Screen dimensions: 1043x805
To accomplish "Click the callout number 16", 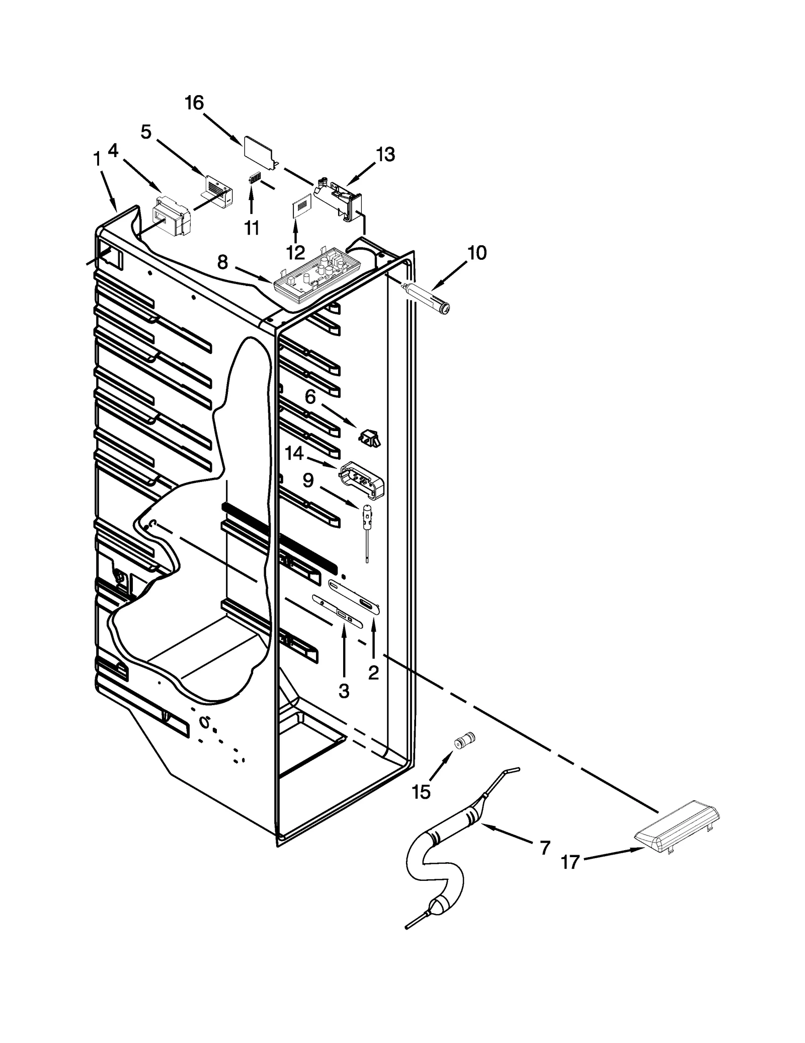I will (x=194, y=103).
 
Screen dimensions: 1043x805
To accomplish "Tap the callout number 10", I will (x=476, y=253).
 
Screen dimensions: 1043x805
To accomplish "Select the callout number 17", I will (x=570, y=863).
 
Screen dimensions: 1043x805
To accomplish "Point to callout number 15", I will (x=421, y=792).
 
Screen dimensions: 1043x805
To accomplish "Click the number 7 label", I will (x=544, y=848).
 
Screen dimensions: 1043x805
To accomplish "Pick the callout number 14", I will (x=294, y=454).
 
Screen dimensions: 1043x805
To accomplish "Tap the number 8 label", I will (x=222, y=262).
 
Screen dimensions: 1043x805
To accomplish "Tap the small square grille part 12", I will (x=301, y=207).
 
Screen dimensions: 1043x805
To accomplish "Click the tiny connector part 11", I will (x=255, y=179).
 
